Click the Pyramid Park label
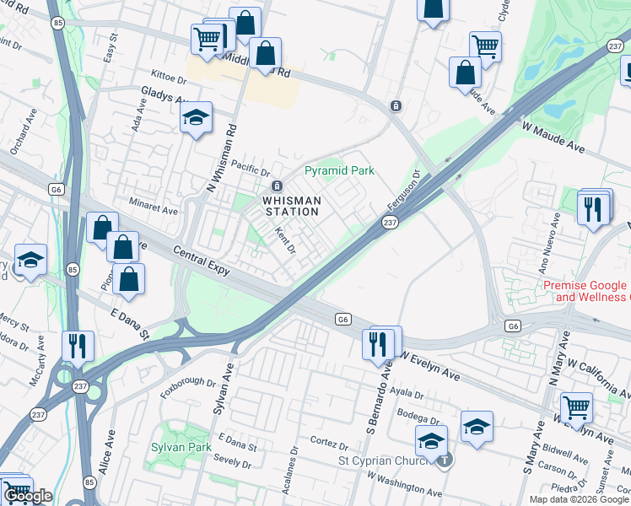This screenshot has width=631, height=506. (338, 171)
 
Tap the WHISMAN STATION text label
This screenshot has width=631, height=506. (291, 206)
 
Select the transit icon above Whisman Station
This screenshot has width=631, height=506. (276, 186)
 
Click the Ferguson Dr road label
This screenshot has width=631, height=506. (406, 193)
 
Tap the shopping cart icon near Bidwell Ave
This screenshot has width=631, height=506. (577, 407)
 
